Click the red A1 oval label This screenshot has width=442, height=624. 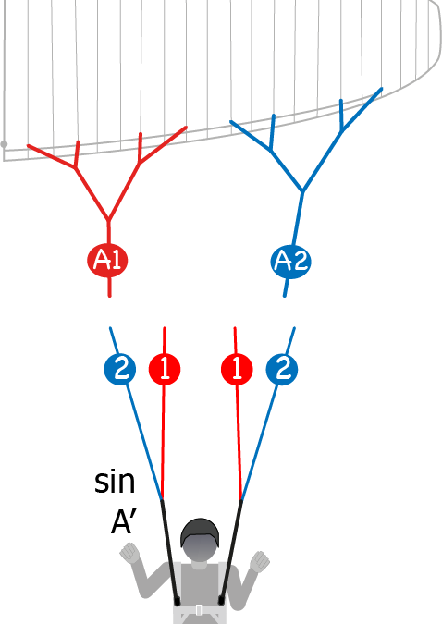coord(107,261)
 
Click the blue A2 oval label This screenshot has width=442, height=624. coord(290,262)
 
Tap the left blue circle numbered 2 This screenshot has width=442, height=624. coord(120,369)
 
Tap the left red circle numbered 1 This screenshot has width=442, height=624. coord(165,369)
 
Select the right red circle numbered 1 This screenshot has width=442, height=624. coord(237,369)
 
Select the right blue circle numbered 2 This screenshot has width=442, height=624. coord(281,369)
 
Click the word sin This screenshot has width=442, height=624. coord(115,482)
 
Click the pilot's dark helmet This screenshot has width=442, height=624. coord(200,532)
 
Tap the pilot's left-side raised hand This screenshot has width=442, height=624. coord(130,553)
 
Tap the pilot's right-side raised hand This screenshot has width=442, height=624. coord(260,561)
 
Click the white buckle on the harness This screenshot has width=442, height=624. coord(199,610)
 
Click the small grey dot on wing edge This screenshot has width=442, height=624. coord(4,144)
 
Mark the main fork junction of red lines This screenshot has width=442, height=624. coord(108,219)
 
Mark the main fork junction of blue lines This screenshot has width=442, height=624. coord(302,191)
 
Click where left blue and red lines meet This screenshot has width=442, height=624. coord(162,499)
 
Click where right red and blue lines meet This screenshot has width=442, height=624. coord(241,499)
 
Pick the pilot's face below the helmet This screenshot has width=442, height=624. coord(201,548)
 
